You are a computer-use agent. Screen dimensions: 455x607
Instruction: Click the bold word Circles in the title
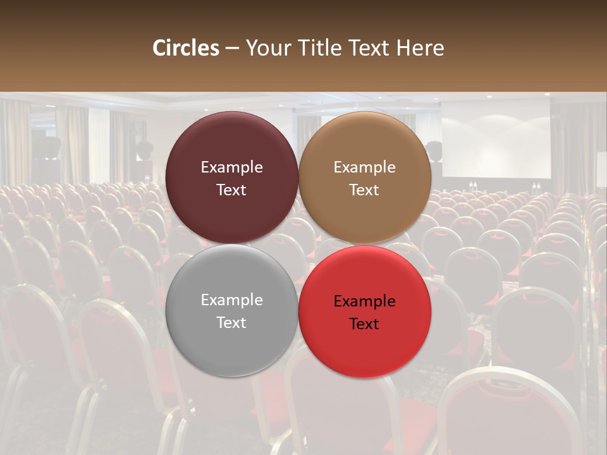[185, 48]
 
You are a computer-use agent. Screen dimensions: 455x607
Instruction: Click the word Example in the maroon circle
[231, 167]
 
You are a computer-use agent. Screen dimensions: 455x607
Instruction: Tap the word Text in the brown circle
[364, 190]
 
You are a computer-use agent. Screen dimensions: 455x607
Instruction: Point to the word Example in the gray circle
[231, 300]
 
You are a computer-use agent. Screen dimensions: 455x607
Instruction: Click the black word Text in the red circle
[364, 324]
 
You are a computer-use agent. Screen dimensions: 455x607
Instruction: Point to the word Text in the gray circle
[231, 323]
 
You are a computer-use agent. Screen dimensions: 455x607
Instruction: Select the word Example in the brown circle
[364, 167]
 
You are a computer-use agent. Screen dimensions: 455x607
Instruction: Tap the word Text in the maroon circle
[231, 190]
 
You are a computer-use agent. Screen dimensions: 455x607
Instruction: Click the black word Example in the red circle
[364, 301]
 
